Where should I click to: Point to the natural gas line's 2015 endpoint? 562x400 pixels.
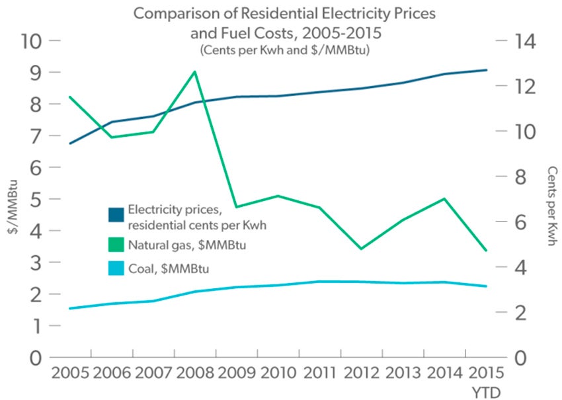tap(485, 251)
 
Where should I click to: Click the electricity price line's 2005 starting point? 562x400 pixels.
tap(70, 143)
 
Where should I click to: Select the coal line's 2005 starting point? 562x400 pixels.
tap(70, 308)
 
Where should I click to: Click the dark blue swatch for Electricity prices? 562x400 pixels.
tap(116, 216)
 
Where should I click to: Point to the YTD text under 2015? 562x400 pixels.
tap(487, 391)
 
